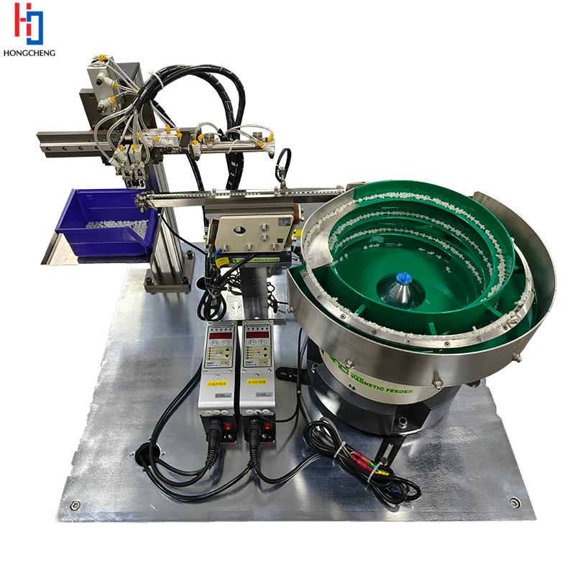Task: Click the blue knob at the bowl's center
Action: [404, 276]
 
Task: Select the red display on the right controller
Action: [257, 333]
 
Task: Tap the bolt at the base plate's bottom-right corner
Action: [515, 502]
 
